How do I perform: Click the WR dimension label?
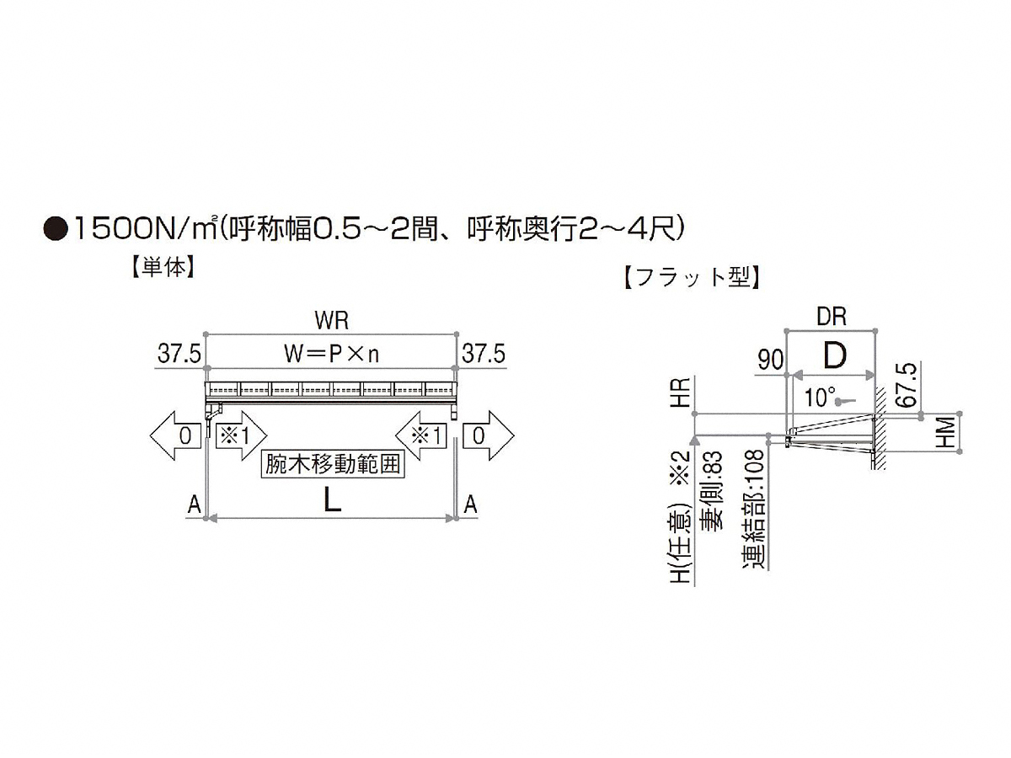point(332,320)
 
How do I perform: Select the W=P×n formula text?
point(332,355)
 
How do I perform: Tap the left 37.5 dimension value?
point(179,355)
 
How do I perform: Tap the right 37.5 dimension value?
point(484,355)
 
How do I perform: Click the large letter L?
point(332,500)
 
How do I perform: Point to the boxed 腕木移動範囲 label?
point(333,464)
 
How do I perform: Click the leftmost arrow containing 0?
point(175,435)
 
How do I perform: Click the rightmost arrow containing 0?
point(489,435)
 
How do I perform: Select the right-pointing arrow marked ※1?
point(241,435)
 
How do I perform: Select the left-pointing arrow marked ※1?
point(421,435)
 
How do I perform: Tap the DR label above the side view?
point(832,317)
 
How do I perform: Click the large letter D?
point(835,355)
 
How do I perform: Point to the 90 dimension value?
point(771,360)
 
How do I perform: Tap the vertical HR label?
point(682,392)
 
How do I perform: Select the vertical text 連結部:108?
point(753,509)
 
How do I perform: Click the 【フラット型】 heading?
point(692,279)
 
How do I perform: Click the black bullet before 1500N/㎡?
point(56,229)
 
